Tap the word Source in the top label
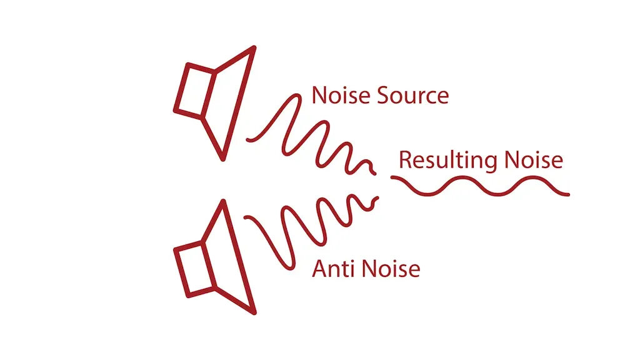coord(413,95)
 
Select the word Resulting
coord(447,161)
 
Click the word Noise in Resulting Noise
coord(534,159)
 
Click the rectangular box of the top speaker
coord(194,91)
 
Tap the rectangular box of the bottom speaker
coord(194,269)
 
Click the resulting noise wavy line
coord(481,186)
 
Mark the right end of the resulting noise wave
coord(567,194)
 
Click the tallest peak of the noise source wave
coord(296,96)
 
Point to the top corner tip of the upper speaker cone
coord(254,47)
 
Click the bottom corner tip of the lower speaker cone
coord(254,312)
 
